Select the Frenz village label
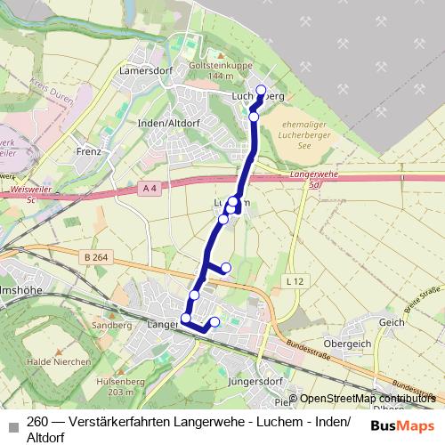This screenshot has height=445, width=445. (x=88, y=151)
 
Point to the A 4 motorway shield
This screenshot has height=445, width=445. (x=149, y=189)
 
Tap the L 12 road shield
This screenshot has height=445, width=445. (x=296, y=280)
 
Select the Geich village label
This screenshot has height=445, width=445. (x=392, y=322)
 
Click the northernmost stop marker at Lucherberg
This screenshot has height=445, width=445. (x=262, y=89)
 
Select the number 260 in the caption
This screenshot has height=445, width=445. (x=37, y=422)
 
